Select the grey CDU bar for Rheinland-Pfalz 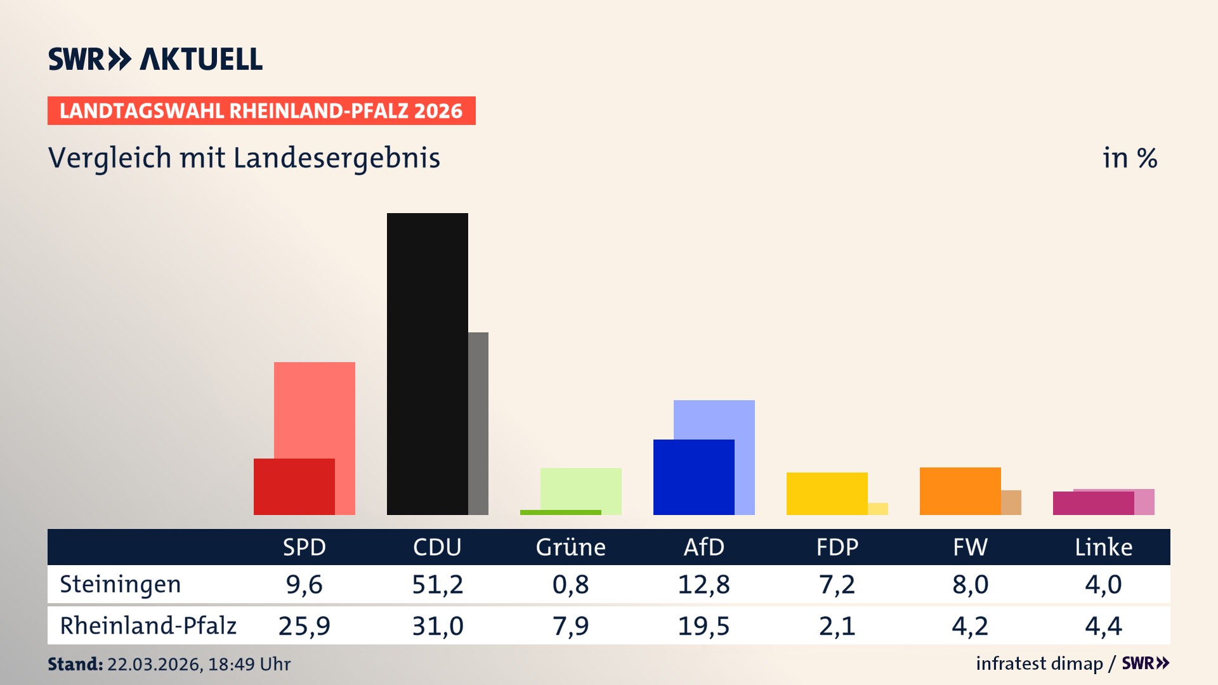(x=478, y=423)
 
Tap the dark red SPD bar (x=294, y=486)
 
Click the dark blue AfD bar (x=693, y=477)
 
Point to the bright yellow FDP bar (x=827, y=493)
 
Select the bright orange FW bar (x=960, y=491)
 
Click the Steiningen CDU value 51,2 (x=437, y=584)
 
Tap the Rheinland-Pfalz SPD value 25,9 (x=304, y=626)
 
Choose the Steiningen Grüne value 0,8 (x=570, y=584)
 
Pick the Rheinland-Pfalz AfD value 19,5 (x=704, y=626)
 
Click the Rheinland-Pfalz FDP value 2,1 (x=837, y=626)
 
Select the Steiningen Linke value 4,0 (x=1103, y=584)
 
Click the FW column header (x=970, y=547)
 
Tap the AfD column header (x=704, y=547)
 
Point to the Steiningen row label (x=121, y=584)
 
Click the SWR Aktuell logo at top (x=155, y=59)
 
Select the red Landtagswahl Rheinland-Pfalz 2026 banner (x=261, y=111)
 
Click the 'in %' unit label (x=1129, y=158)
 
